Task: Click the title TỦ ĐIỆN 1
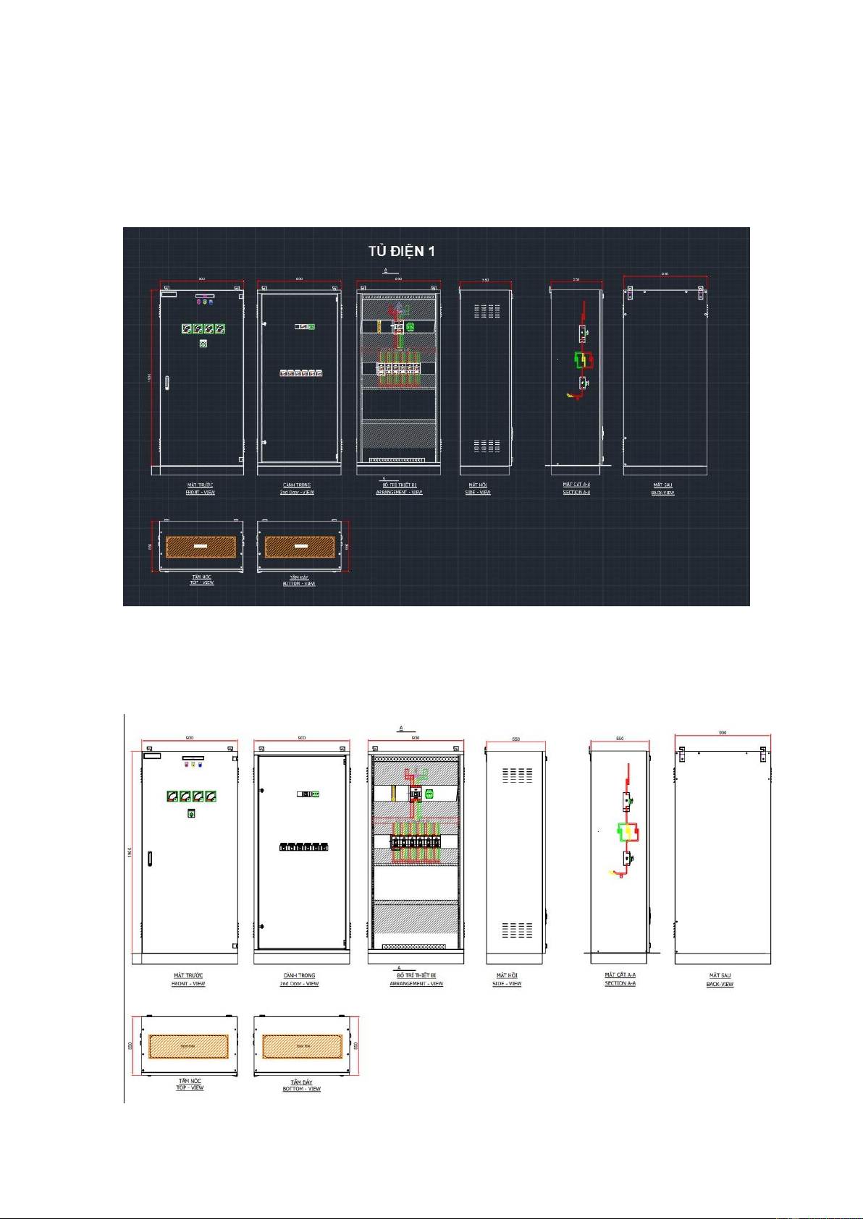click(401, 251)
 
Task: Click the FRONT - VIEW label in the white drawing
click(188, 984)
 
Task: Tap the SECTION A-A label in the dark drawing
click(576, 493)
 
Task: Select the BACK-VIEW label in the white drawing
click(720, 985)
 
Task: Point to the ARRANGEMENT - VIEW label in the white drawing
click(416, 984)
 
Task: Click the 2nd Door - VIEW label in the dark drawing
click(297, 493)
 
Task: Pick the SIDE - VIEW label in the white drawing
click(508, 984)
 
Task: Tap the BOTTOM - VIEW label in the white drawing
click(301, 1089)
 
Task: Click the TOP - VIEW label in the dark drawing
click(202, 582)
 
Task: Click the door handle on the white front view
click(150, 859)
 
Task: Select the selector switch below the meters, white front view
click(191, 813)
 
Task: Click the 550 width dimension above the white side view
click(515, 739)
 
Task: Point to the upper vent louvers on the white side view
click(517, 776)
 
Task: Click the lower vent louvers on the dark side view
click(487, 445)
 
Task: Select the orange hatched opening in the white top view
click(188, 1046)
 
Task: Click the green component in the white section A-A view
click(626, 832)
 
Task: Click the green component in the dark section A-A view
click(580, 360)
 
